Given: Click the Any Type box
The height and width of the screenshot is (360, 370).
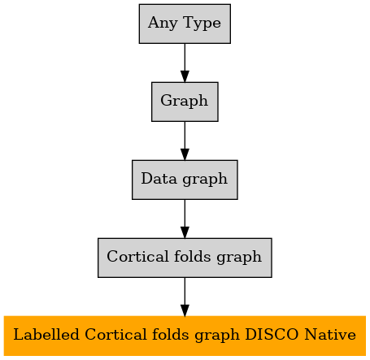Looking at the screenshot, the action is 185,24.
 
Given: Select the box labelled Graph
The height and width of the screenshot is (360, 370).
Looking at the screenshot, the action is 185,102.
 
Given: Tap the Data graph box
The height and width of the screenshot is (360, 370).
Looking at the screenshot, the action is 185,180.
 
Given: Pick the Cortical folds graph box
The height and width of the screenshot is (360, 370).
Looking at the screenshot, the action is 185,258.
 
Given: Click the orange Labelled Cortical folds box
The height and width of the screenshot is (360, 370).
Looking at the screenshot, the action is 185,336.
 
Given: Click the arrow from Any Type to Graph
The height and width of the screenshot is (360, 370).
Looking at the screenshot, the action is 185,63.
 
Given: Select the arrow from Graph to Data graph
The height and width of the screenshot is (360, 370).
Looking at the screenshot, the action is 185,141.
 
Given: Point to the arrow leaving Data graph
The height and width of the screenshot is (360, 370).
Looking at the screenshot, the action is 185,219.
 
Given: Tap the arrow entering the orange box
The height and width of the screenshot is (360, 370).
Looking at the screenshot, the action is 185,297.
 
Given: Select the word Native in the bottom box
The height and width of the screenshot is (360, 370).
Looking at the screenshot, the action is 330,335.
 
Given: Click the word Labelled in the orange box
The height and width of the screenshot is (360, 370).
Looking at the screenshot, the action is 46,335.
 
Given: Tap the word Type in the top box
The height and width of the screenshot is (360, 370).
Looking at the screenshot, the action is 202,24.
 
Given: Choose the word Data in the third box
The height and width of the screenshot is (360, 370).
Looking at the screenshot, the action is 159,179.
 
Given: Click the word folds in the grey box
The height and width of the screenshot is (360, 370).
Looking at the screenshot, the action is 192,256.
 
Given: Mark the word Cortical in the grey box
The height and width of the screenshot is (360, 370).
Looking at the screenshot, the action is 137,256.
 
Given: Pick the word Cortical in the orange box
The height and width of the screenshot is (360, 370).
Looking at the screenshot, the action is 115,335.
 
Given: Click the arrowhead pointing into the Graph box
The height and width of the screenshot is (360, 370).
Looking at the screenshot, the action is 185,76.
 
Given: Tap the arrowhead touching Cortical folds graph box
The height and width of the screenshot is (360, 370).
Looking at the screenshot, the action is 185,232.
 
